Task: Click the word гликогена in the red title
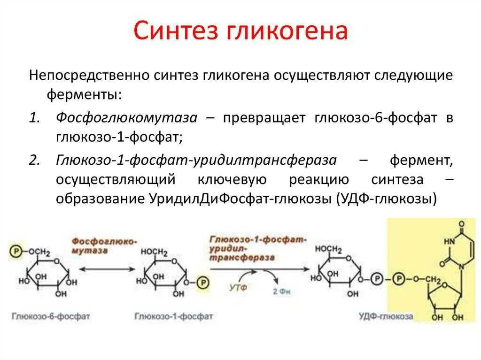coord(288,31)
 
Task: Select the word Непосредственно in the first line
coord(89,76)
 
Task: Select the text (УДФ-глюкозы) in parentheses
coord(387,199)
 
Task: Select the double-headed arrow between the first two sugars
coord(106,269)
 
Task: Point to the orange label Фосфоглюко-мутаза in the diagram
coord(104,246)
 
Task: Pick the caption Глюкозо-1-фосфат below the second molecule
coord(174,316)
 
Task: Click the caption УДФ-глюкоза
coord(385,316)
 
